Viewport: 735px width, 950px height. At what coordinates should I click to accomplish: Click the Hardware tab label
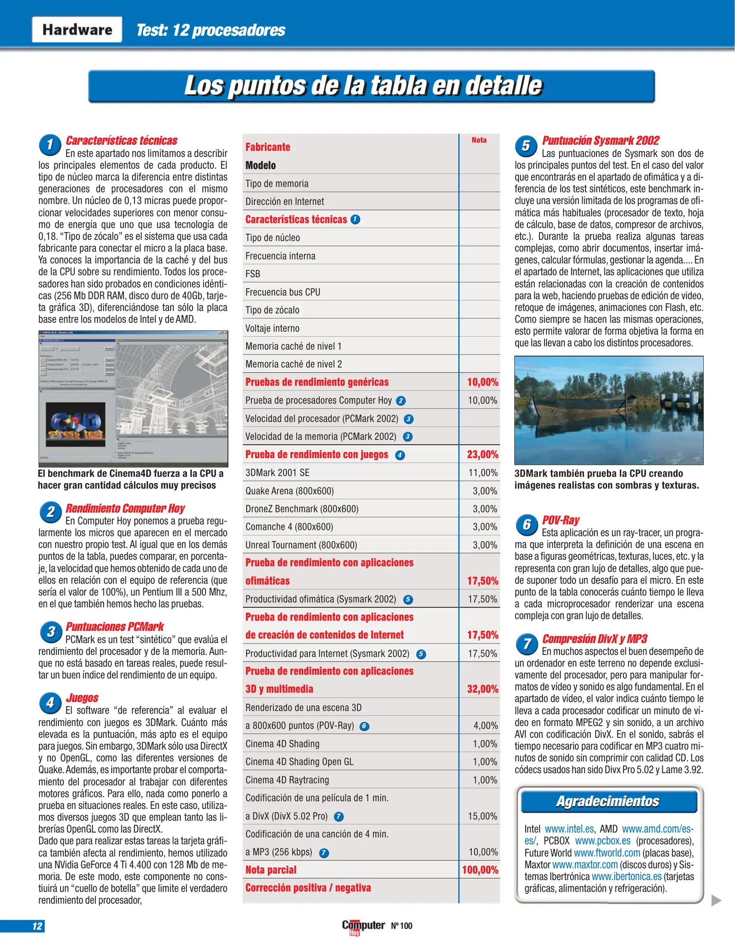point(77,29)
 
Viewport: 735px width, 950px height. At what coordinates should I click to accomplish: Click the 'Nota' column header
point(479,140)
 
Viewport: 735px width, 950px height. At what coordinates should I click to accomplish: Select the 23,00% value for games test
point(482,454)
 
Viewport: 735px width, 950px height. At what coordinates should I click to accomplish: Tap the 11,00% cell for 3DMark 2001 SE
point(483,473)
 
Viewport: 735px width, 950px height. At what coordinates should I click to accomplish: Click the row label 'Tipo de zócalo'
point(272,310)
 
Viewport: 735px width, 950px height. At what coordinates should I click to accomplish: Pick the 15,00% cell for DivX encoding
point(483,816)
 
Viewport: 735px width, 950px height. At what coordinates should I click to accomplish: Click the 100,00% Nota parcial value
point(480,870)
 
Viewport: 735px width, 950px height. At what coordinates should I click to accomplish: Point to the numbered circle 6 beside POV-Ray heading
point(527,525)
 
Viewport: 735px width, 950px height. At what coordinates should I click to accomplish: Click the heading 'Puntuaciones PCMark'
point(114,626)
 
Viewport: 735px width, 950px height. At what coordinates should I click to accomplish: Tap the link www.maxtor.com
point(585,865)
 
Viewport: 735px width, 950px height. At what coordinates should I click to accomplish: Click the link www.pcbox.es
point(603,841)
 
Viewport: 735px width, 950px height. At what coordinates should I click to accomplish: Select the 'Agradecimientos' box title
point(607,801)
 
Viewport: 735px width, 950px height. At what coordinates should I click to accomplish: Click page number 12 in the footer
point(37,926)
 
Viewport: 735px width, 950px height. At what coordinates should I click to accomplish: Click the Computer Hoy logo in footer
point(363,926)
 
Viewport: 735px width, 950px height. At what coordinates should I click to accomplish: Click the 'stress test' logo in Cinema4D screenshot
point(76,426)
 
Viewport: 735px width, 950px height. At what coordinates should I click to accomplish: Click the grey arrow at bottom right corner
point(716,901)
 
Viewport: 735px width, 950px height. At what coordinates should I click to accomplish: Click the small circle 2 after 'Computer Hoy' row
point(400,401)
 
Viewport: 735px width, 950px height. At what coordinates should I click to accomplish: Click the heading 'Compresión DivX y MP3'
point(594,639)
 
